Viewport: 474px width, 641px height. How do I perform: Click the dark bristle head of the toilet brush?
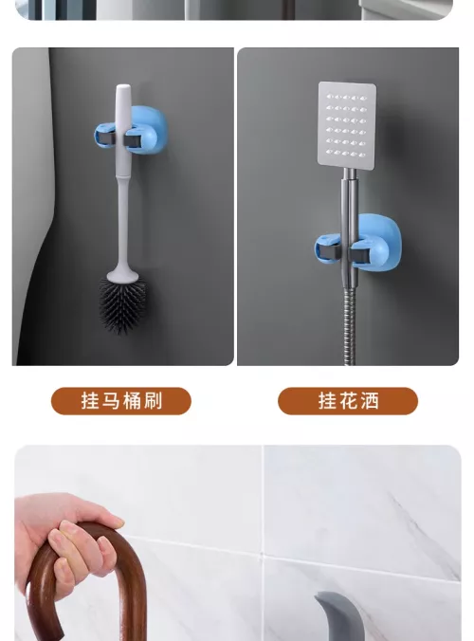pos(122,304)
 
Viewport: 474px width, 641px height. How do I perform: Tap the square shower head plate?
pos(347,124)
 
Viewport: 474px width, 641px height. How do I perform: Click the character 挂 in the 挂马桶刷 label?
pos(90,400)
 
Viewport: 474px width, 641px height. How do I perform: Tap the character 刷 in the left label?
pos(153,400)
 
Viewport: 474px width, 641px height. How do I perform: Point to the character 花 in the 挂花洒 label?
pos(348,400)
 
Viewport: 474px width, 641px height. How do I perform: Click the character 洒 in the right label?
pos(370,400)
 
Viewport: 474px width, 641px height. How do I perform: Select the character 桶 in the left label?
pos(132,400)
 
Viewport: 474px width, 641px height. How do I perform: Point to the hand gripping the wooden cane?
pos(67,540)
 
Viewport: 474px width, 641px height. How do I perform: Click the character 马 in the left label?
pos(111,400)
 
